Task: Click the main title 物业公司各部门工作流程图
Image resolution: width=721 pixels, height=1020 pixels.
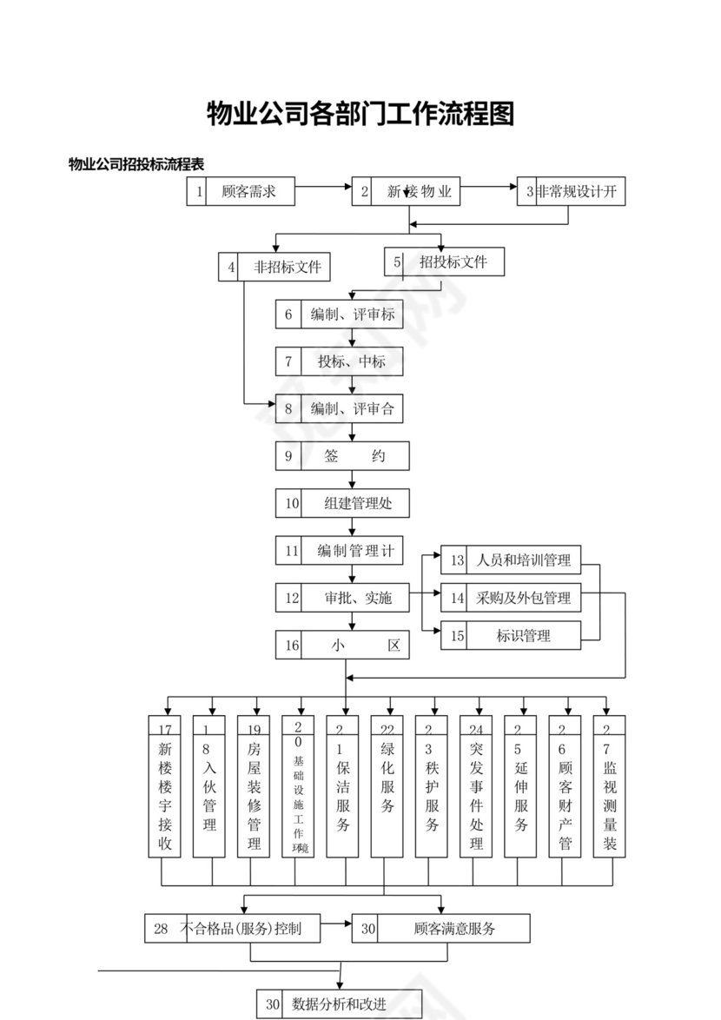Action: click(x=360, y=114)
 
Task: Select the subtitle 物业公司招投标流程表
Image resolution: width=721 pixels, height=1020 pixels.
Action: click(x=136, y=164)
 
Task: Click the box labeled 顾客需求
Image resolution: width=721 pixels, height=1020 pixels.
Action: click(x=241, y=192)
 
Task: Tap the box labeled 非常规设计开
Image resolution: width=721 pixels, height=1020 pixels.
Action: click(x=571, y=192)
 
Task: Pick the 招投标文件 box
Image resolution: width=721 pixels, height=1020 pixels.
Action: click(x=444, y=262)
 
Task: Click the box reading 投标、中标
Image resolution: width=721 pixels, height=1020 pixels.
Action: click(x=340, y=361)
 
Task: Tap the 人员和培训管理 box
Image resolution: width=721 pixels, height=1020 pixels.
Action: click(x=511, y=560)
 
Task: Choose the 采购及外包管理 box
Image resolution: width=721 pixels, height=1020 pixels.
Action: click(x=511, y=598)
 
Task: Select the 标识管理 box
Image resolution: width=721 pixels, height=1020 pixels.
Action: click(x=511, y=635)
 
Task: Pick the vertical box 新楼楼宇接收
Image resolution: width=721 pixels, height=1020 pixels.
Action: click(x=165, y=787)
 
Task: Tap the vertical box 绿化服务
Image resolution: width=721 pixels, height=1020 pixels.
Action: click(x=388, y=787)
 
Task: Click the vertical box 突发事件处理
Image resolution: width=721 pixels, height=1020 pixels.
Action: click(x=477, y=787)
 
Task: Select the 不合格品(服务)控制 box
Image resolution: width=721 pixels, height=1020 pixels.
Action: click(x=232, y=929)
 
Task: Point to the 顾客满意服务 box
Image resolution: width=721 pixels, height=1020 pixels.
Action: click(x=440, y=929)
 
